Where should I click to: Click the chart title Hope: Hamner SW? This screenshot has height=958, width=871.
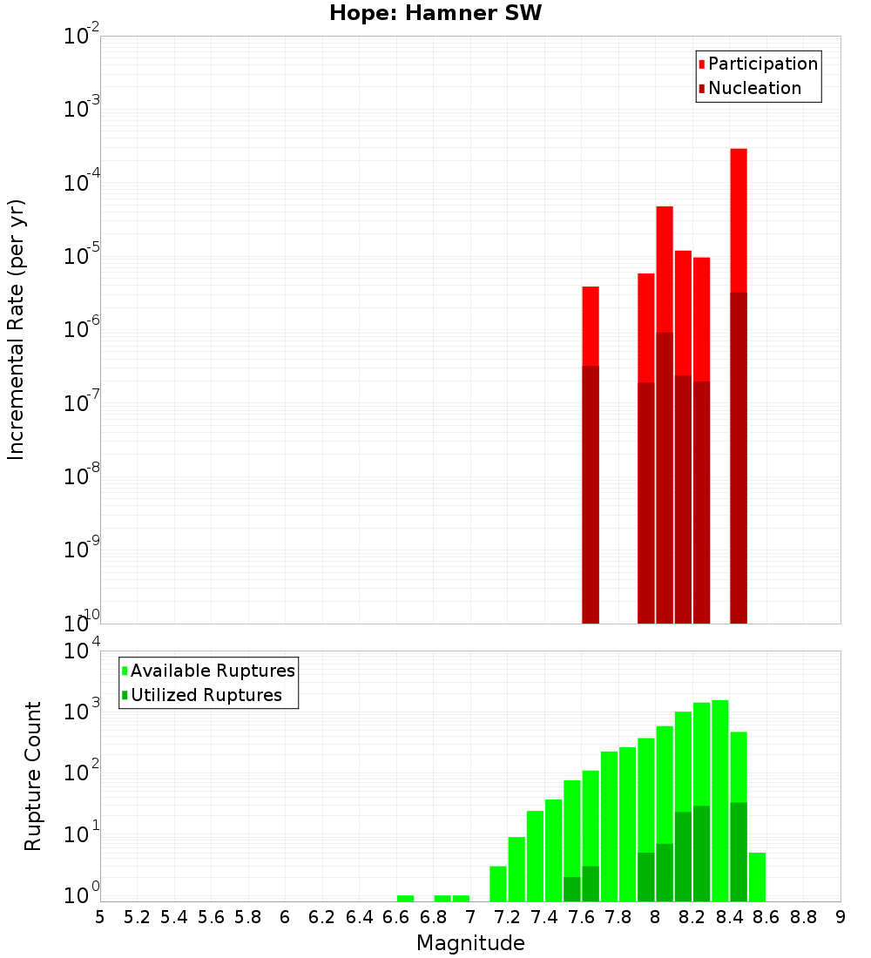click(435, 14)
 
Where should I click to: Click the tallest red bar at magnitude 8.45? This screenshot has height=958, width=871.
click(739, 218)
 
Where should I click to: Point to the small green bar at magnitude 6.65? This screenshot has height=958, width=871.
click(405, 898)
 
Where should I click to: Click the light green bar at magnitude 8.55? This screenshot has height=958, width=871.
click(757, 877)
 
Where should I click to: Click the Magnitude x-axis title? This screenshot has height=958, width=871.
click(470, 943)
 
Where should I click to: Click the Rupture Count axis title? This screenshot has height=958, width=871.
click(33, 775)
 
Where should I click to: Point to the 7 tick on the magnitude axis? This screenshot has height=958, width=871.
click(470, 916)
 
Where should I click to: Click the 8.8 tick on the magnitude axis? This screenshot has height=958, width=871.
click(803, 916)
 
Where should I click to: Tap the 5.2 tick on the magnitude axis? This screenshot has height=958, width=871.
click(138, 916)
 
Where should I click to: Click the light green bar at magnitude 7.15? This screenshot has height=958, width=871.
click(498, 884)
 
